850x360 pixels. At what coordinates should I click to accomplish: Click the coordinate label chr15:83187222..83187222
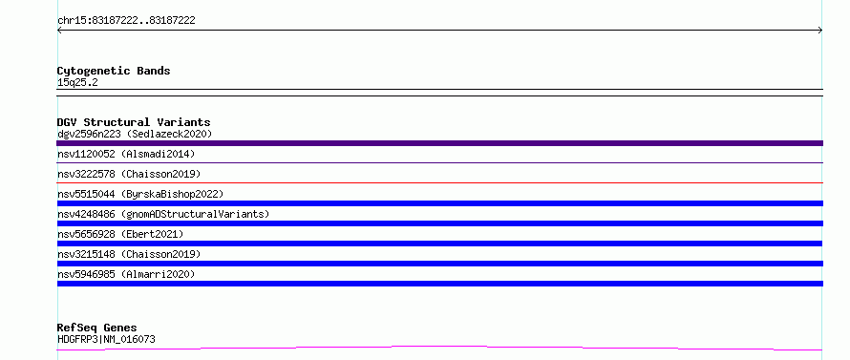(126, 21)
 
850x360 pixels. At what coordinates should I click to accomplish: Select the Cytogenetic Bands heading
(114, 71)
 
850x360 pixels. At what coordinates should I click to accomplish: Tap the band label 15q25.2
(77, 83)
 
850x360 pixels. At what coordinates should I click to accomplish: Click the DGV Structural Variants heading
(134, 122)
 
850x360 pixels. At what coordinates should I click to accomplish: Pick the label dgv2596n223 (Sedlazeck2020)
(135, 134)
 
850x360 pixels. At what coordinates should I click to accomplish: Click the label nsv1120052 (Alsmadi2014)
(126, 154)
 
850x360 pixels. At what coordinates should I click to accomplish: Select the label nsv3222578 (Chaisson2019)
(129, 174)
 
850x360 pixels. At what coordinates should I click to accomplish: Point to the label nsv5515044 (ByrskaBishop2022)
(140, 194)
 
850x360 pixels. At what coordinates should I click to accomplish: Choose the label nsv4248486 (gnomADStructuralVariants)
(163, 214)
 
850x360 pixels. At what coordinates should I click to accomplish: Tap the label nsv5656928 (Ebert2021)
(120, 234)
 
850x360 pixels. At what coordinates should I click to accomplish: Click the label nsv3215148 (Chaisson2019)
(129, 254)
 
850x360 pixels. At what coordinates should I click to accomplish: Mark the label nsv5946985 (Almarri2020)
(126, 274)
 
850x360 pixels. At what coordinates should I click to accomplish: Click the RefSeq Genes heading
(97, 328)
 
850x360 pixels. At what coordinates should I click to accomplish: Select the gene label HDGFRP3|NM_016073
(106, 340)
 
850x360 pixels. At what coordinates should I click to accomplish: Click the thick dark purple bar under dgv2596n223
(439, 143)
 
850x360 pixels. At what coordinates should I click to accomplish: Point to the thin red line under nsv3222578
(439, 182)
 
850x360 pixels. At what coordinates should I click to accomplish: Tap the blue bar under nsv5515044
(439, 203)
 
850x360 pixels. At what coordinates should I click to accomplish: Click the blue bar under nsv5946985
(439, 284)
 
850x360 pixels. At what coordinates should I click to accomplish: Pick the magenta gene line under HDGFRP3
(439, 347)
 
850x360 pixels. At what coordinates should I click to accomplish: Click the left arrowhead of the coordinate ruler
(58, 31)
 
